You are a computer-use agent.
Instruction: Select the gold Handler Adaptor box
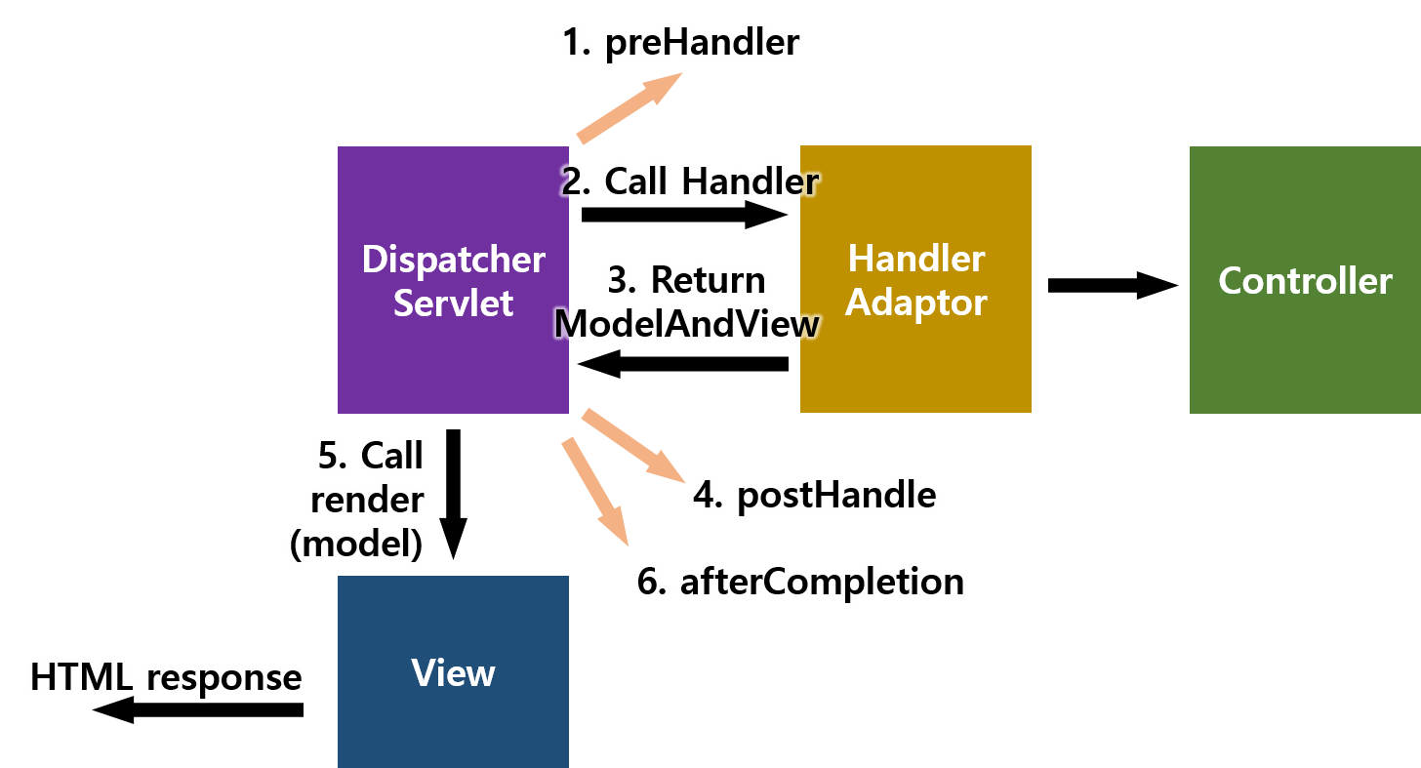point(914,361)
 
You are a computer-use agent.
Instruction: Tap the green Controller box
point(1304,342)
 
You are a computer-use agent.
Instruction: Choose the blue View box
point(453,722)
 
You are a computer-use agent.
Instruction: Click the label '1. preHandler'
point(681,44)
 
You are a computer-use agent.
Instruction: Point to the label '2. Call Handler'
point(689,182)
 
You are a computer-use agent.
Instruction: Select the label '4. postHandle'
point(814,496)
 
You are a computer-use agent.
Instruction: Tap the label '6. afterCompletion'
point(800,583)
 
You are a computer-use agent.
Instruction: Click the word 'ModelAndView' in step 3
point(687,324)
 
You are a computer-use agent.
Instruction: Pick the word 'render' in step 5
point(367,500)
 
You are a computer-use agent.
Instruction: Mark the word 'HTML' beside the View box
point(82,677)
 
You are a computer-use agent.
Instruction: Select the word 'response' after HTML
point(224,678)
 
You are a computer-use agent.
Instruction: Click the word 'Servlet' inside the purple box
point(453,303)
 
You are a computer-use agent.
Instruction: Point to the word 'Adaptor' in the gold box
point(915,303)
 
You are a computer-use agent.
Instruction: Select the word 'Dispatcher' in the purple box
point(453,260)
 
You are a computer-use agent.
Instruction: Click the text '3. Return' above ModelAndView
point(686,280)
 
